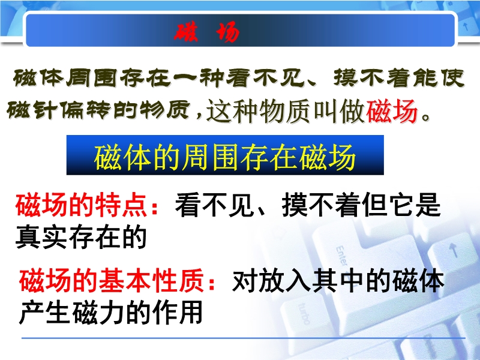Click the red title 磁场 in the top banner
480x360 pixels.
207,31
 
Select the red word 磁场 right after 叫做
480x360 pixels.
392,111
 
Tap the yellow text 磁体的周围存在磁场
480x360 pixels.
224,157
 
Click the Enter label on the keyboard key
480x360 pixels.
342,256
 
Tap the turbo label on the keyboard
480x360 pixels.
304,313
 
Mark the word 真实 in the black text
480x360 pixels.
41,236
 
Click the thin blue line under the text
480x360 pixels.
244,338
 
